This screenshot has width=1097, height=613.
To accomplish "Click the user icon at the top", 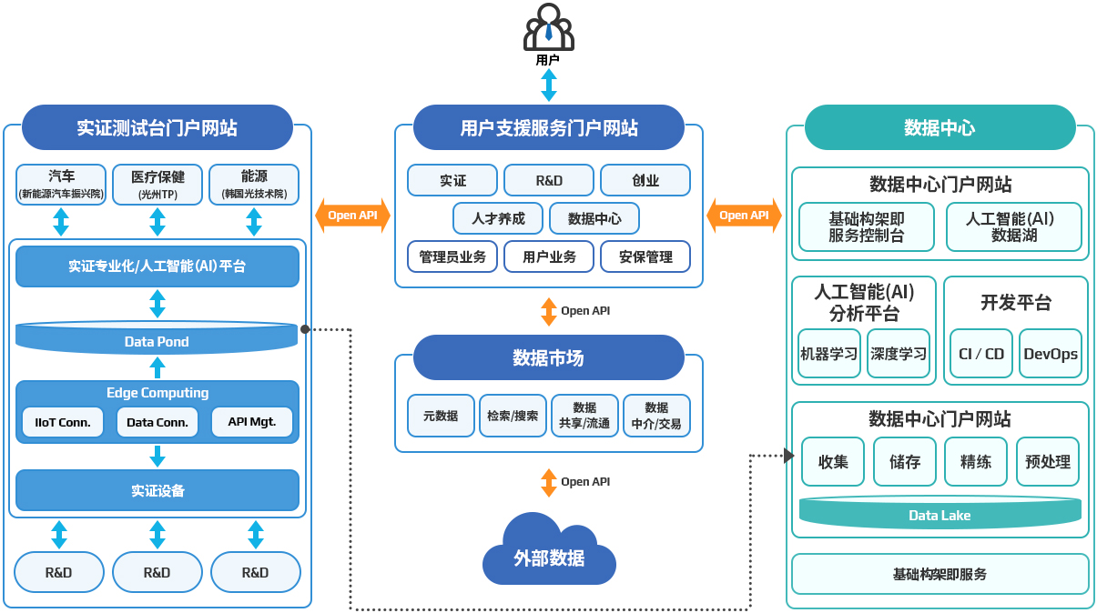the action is tap(548, 27).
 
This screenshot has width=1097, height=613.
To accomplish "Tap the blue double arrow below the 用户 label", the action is tap(548, 85).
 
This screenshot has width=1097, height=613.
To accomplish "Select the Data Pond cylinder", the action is tap(157, 337).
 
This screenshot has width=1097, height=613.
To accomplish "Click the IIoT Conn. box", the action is tap(63, 422).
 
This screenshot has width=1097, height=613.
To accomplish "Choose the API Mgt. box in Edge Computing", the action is tap(252, 422).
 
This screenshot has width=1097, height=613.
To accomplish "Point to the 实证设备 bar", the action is tap(157, 490).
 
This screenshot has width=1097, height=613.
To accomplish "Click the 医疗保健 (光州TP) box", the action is tap(157, 185).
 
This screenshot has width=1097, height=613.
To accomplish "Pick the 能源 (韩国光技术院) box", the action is tap(254, 185).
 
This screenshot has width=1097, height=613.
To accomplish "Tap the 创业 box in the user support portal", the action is tap(645, 180).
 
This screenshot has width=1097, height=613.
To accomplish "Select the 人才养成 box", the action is tap(498, 218).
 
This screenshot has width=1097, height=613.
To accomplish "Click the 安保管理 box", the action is tap(645, 256).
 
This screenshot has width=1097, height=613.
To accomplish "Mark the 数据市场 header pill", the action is tap(548, 357).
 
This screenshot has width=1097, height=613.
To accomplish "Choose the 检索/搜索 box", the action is tap(513, 416).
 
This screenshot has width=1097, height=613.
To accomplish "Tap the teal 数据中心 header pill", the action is tap(940, 127).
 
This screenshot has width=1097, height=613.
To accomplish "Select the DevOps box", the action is tap(1051, 354).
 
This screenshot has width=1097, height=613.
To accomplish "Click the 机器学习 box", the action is tap(829, 354).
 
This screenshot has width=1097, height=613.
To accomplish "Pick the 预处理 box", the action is tap(1048, 461).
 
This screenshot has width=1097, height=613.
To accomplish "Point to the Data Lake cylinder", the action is tap(940, 513).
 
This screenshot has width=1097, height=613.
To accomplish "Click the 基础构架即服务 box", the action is tap(940, 574).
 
